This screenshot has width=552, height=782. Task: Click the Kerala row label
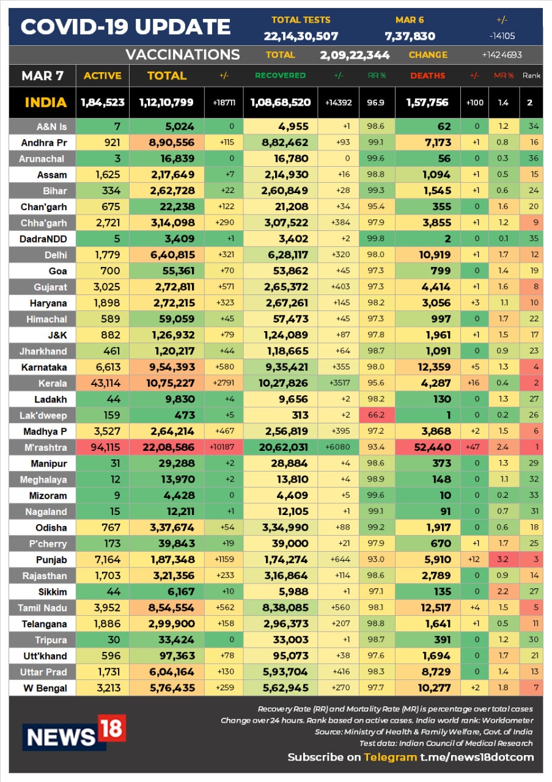pyautogui.click(x=53, y=383)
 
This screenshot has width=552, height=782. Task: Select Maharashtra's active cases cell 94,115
pyautogui.click(x=105, y=447)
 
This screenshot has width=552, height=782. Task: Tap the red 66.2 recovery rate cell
pyautogui.click(x=376, y=415)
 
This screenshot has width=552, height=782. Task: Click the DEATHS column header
pyautogui.click(x=428, y=76)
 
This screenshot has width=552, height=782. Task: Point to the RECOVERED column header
pyautogui.click(x=280, y=75)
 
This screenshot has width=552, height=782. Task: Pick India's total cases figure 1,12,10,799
pyautogui.click(x=166, y=102)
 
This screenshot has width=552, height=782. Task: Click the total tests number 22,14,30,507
pyautogui.click(x=301, y=36)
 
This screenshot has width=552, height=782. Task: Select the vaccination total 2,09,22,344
pyautogui.click(x=355, y=55)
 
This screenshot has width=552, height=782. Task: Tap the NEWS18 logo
pyautogui.click(x=74, y=733)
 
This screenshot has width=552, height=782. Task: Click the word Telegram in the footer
pyautogui.click(x=390, y=757)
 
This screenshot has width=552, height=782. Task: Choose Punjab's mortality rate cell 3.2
pyautogui.click(x=502, y=560)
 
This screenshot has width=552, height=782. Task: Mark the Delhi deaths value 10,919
pyautogui.click(x=435, y=255)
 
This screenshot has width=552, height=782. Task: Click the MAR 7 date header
pyautogui.click(x=42, y=76)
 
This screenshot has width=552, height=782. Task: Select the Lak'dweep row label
pyautogui.click(x=43, y=415)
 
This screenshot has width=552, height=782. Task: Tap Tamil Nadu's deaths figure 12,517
pyautogui.click(x=436, y=608)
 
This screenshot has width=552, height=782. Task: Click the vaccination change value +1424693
pyautogui.click(x=502, y=55)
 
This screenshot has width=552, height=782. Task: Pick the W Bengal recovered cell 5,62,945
pyautogui.click(x=285, y=688)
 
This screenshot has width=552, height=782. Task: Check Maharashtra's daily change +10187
pyautogui.click(x=222, y=447)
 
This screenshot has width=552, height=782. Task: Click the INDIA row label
pyautogui.click(x=46, y=103)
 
